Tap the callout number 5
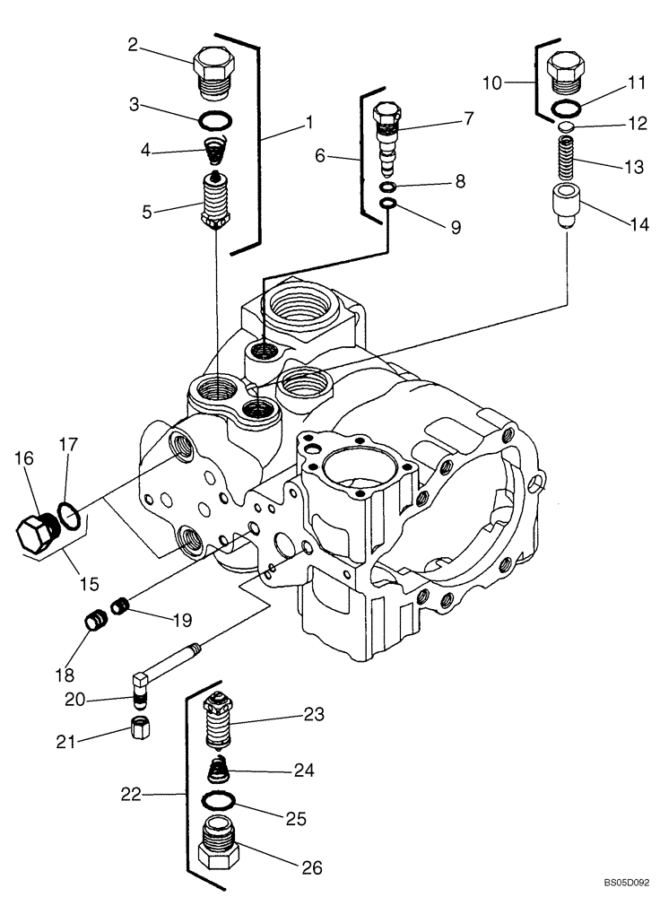pyautogui.click(x=147, y=212)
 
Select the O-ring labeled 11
pyautogui.click(x=565, y=109)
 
